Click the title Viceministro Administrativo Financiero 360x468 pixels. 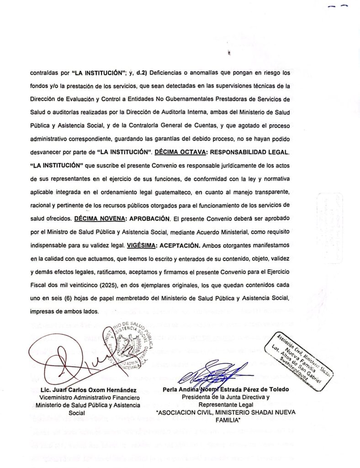pyautogui.click(x=80, y=398)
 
